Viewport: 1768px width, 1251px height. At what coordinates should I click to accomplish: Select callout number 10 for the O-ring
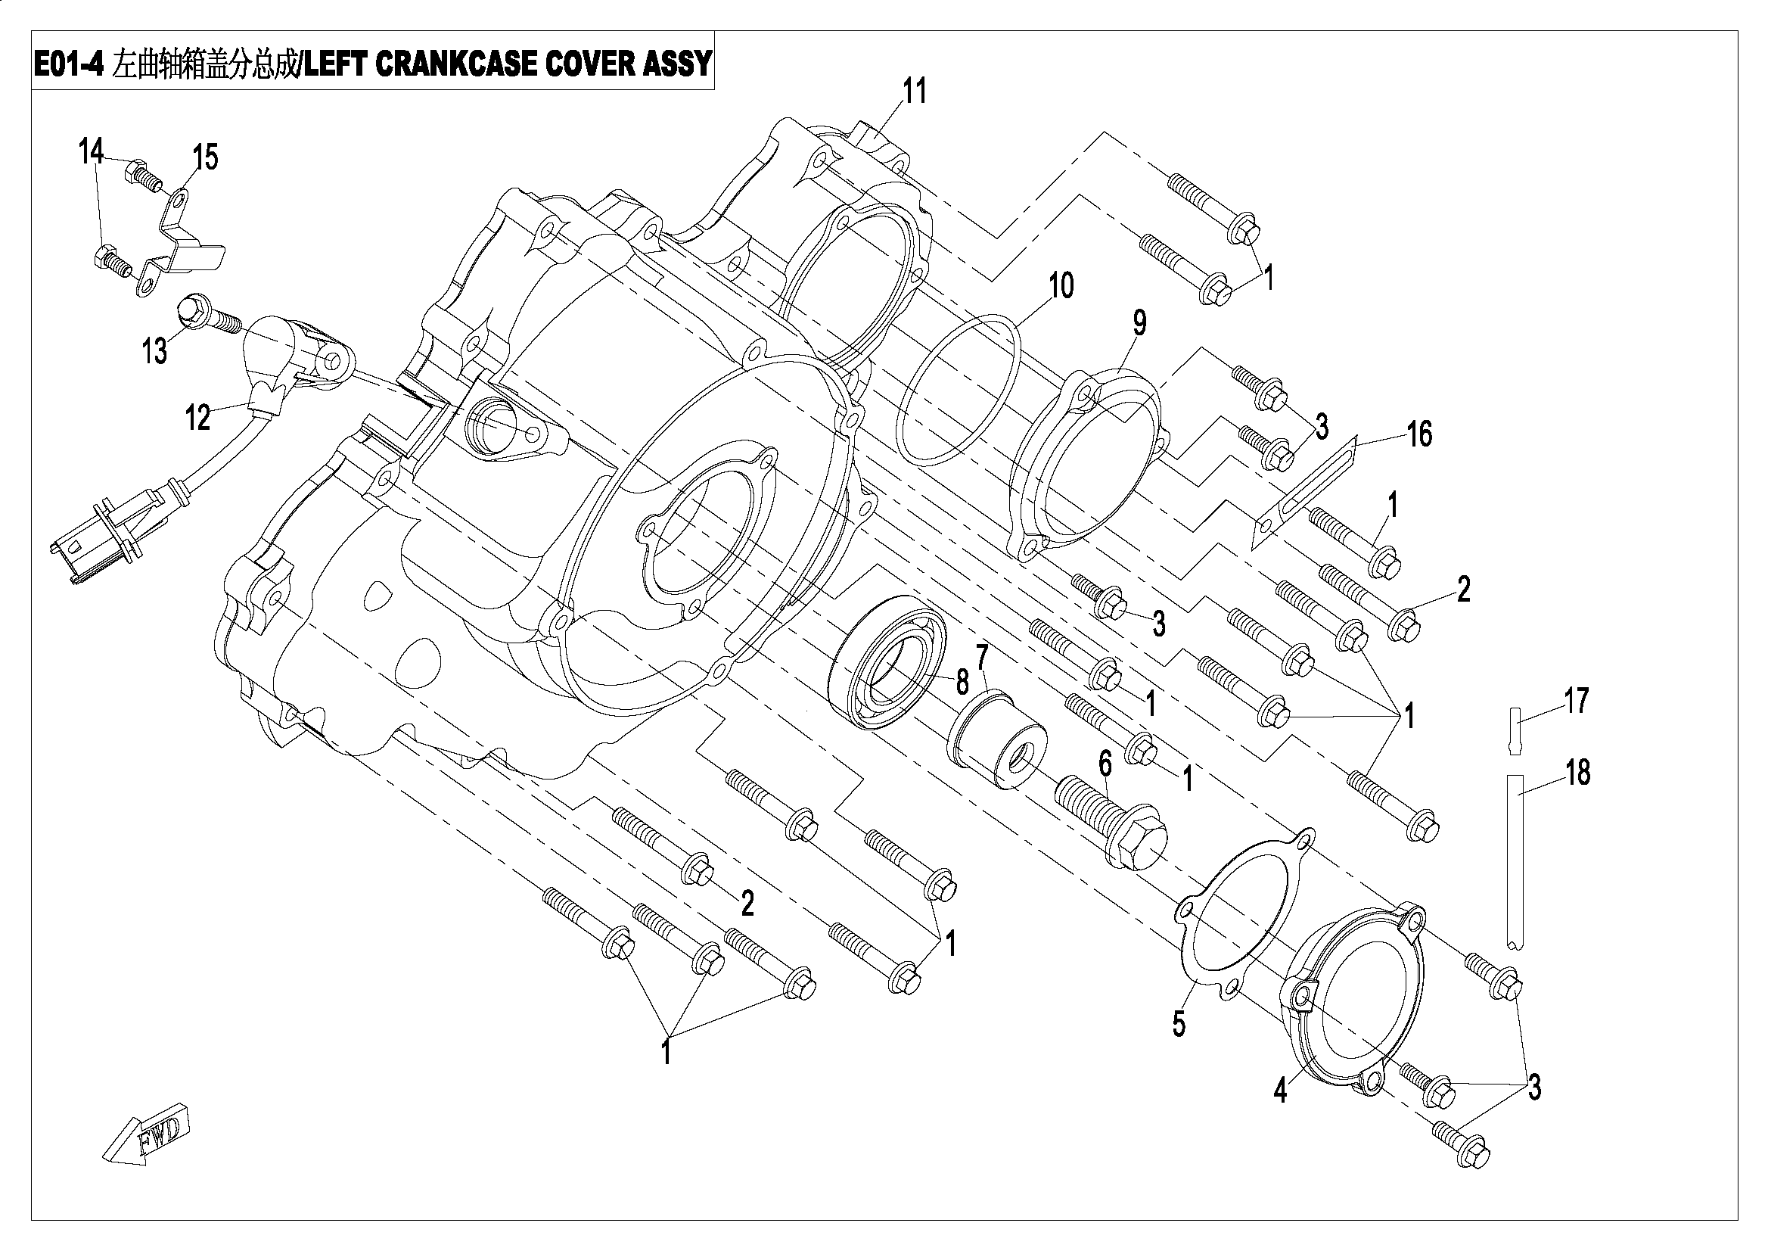(1061, 286)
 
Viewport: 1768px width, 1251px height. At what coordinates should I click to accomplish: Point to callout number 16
(1420, 434)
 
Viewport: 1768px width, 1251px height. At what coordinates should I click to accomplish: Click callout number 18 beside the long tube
(1578, 772)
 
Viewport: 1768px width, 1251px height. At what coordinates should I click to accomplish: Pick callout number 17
(1577, 701)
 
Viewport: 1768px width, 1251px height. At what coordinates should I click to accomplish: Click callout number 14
(91, 152)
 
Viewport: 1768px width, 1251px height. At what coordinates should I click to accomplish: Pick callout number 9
(1139, 324)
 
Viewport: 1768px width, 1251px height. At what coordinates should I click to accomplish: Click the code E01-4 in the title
(69, 62)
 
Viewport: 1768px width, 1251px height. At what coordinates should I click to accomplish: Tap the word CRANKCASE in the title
(458, 62)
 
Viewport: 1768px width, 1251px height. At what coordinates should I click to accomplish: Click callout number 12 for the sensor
(198, 418)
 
